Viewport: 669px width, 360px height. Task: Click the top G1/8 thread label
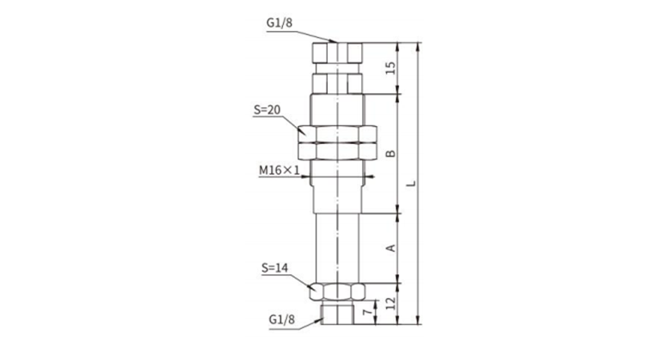280,22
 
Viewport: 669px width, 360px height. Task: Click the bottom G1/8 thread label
282,320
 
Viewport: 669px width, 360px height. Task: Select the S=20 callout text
267,110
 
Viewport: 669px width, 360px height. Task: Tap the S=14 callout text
274,268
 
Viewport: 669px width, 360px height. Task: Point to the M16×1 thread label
280,171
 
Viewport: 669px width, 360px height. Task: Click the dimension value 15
390,69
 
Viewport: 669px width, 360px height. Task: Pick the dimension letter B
390,153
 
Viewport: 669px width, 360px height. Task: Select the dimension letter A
390,248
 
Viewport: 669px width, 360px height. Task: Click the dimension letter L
411,183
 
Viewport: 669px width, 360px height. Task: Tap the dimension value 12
390,303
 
